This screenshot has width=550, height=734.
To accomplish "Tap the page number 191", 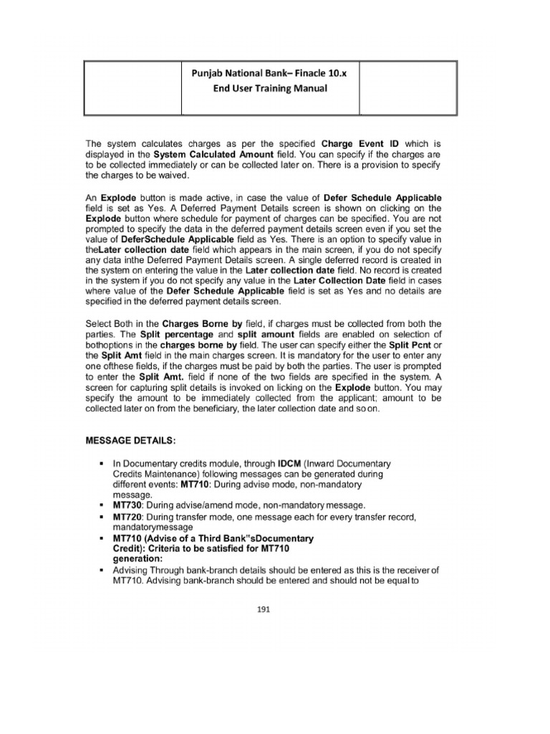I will (271, 611).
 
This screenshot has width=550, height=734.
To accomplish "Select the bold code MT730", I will (127, 505).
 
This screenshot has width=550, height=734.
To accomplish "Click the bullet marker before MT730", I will (103, 505).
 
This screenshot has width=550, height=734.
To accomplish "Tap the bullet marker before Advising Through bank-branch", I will (103, 570).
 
